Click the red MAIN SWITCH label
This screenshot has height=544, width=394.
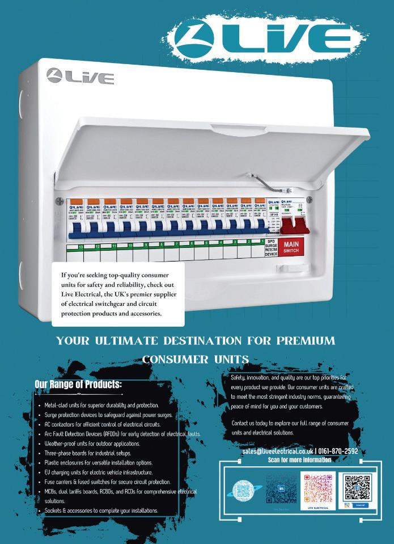pos(291,247)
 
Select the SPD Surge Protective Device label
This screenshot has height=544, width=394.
pos(270,248)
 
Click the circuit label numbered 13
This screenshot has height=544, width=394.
pos(81,247)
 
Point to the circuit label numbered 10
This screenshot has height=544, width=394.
pos(130,246)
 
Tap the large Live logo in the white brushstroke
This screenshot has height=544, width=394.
pos(262,40)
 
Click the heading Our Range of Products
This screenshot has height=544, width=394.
pos(78,385)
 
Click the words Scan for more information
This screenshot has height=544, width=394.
pos(299,459)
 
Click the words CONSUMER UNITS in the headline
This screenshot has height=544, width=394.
pos(196,359)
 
